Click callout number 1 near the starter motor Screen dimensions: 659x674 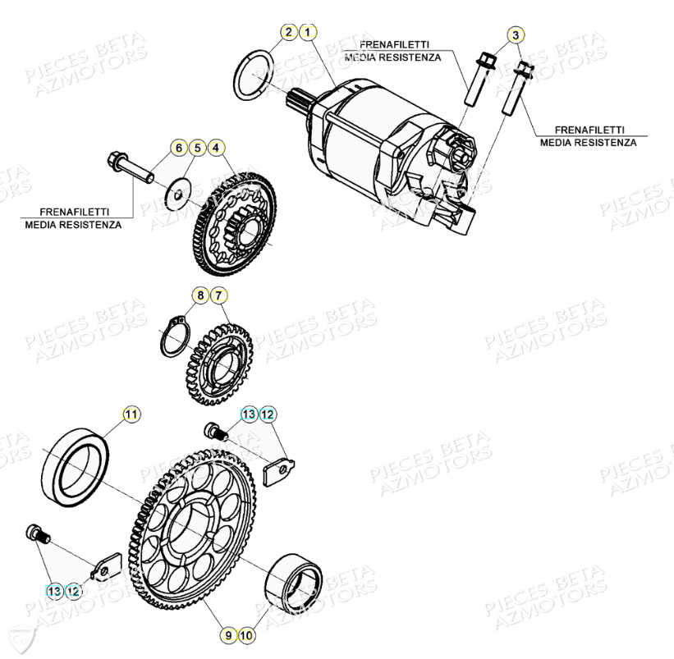coord(307,33)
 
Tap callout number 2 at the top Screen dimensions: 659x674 coord(288,33)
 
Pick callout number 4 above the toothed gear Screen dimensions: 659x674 coord(216,149)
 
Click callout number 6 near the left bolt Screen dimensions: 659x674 coord(178,149)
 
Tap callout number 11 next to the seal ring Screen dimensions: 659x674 coord(131,414)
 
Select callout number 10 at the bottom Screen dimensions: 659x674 coord(247,634)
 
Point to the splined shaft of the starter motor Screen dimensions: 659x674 coord(297,103)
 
